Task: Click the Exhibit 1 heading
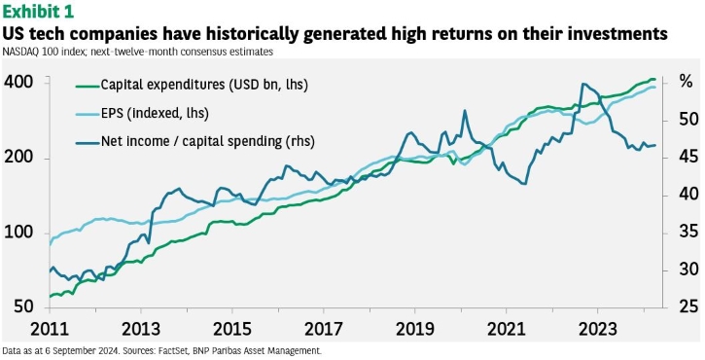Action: coord(38,12)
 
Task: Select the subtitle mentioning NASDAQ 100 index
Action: coord(137,52)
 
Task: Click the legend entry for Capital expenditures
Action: coord(192,85)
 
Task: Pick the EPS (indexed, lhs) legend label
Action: coord(142,113)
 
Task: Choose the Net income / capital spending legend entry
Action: coord(194,141)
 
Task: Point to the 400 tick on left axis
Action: coord(18,83)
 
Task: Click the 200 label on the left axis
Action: coord(18,159)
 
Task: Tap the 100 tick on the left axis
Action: coord(18,234)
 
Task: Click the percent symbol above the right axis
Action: coord(686,83)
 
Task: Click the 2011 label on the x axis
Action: coord(50,330)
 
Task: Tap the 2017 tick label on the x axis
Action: coord(324,330)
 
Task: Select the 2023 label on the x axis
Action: coord(597,330)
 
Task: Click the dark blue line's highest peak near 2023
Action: coord(583,84)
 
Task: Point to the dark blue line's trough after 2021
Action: coord(524,184)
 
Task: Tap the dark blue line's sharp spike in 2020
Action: coord(465,111)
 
